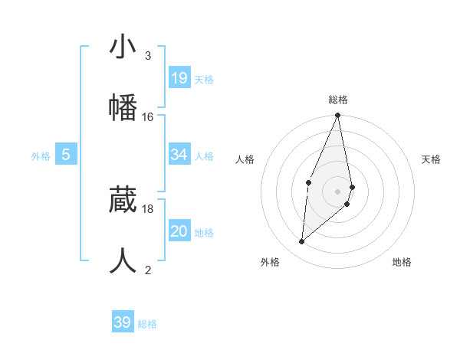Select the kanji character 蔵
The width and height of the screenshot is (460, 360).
(123, 200)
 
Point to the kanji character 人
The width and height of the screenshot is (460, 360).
(123, 260)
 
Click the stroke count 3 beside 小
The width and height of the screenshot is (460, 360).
(148, 56)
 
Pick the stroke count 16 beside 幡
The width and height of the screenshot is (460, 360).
(148, 116)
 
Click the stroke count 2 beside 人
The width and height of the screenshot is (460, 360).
(148, 270)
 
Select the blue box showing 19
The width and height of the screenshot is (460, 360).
(179, 78)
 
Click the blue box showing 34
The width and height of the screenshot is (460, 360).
(179, 155)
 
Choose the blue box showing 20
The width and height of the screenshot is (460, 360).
(179, 231)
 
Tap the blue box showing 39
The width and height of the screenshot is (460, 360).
(123, 322)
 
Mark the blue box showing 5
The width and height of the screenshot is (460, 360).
(66, 155)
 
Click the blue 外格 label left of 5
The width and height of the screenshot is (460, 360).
(41, 156)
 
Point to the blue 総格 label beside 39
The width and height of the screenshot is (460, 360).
(147, 324)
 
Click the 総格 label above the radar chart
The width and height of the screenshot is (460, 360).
(338, 100)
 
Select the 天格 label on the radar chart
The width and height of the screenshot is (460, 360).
(432, 159)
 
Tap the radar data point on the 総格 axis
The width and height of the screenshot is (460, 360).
(337, 116)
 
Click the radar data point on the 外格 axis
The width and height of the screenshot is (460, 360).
(302, 242)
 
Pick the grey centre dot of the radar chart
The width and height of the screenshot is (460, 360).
(337, 191)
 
